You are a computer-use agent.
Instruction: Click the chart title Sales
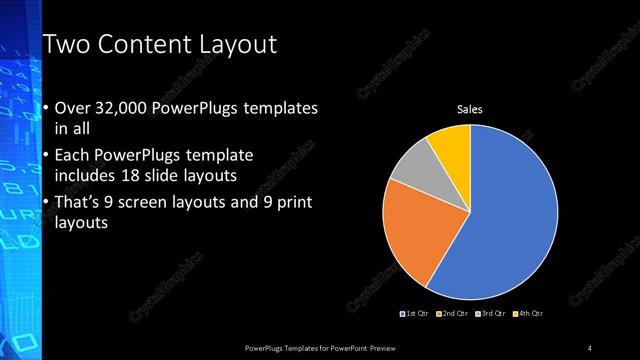click(x=470, y=109)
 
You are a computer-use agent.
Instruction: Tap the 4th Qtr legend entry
click(x=530, y=314)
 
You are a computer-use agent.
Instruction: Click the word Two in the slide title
click(x=67, y=45)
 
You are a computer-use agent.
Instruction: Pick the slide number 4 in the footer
click(x=590, y=347)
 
